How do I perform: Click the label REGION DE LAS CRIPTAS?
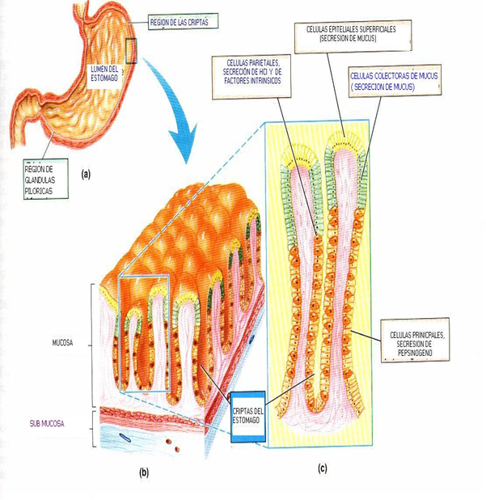pos(179,23)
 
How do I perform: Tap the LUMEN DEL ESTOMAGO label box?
pos(105,74)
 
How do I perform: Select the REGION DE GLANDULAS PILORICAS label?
pos(45,180)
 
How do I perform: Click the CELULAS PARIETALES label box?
pos(251,77)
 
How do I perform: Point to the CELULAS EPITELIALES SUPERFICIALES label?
pos(352,34)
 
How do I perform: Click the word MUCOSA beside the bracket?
pos(61,343)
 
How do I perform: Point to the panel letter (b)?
pos(144,471)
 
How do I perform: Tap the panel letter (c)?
pos(321,467)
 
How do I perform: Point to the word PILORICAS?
pos(41,191)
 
